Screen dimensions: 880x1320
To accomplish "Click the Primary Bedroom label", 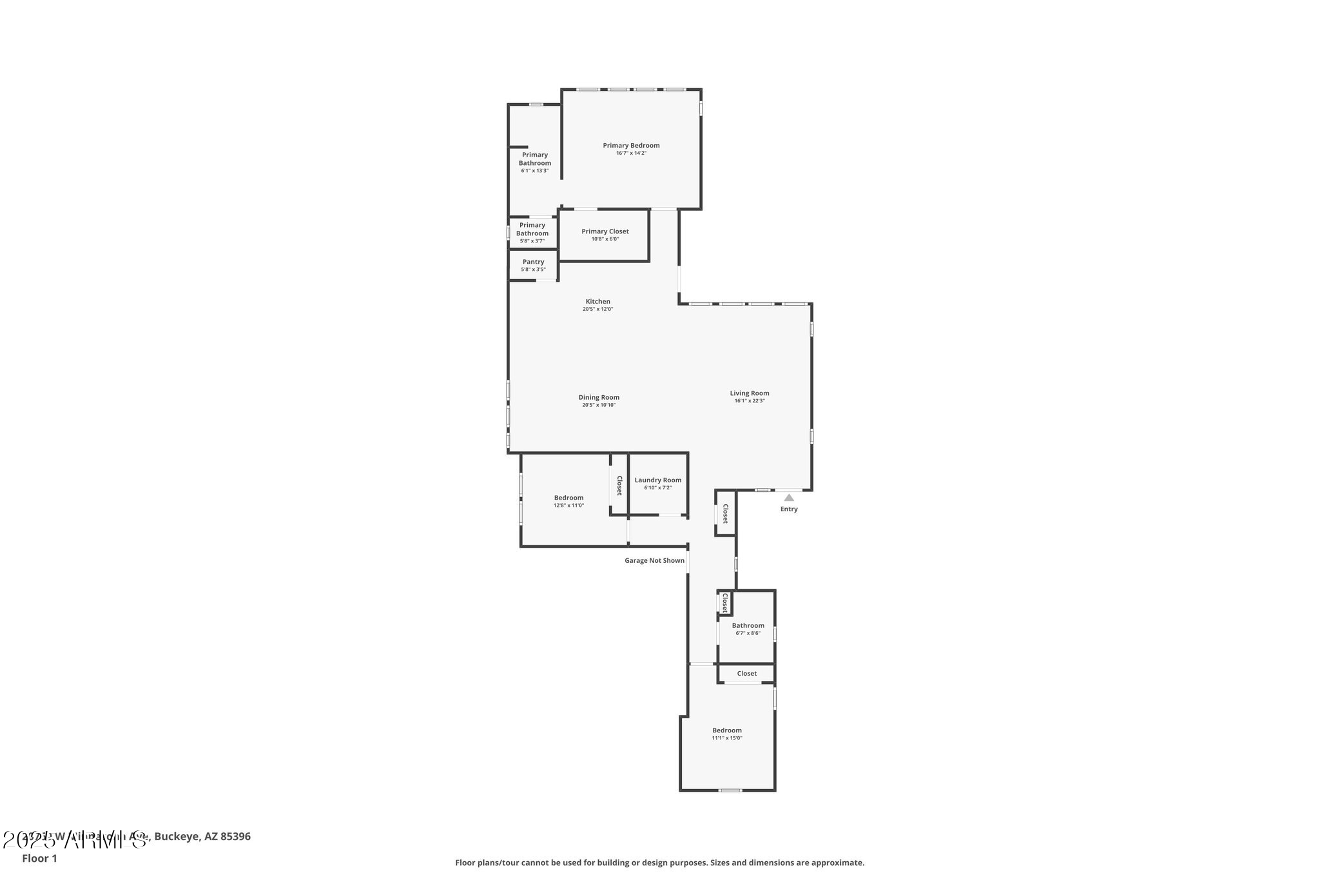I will pos(631,146).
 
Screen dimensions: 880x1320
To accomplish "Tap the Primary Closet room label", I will pos(605,231).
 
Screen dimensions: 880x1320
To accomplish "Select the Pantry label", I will pos(533,262).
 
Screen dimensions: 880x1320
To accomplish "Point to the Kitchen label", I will pos(597,302).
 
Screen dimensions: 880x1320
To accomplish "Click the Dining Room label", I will pos(599,398).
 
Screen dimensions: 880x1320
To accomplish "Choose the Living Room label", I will pos(749,393).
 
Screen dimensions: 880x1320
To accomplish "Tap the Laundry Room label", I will pos(657,480).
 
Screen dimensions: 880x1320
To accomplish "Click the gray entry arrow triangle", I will pos(789,498).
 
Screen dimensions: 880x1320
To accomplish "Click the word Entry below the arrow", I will pos(789,509).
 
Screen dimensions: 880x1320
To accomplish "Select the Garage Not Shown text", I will pos(654,561).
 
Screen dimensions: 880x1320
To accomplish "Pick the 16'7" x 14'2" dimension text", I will pos(631,153).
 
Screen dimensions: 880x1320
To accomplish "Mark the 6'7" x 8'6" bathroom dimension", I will pos(748,633).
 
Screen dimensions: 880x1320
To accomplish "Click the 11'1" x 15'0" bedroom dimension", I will pos(727,738).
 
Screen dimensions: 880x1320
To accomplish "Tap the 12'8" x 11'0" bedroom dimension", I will pos(568,505).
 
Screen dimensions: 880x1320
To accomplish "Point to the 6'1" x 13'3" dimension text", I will pos(535,171).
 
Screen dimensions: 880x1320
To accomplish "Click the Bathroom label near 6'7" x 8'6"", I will pos(748,625).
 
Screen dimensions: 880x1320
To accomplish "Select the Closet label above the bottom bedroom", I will pos(747,674).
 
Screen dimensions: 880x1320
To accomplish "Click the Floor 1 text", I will pos(39,859).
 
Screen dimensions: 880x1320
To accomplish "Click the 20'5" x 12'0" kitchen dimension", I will pos(597,309).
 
